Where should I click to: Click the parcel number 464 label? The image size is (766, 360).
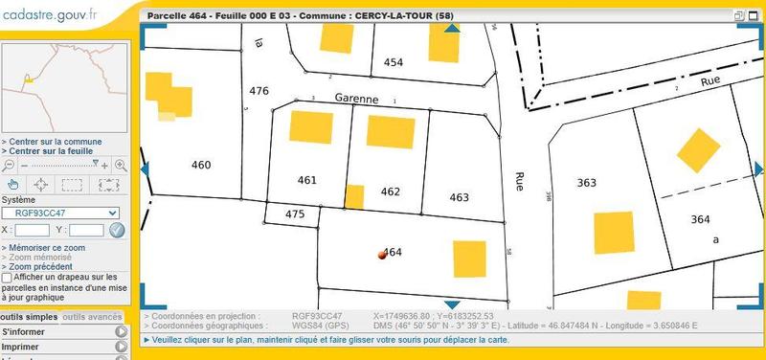click(x=393, y=253)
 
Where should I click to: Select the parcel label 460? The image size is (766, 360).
click(x=201, y=165)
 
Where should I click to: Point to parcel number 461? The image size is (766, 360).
click(x=307, y=180)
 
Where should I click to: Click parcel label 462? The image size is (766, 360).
click(x=390, y=191)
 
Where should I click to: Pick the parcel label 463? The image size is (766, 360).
click(x=460, y=197)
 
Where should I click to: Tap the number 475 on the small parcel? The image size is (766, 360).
click(x=295, y=214)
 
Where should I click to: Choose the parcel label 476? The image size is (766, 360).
click(x=259, y=91)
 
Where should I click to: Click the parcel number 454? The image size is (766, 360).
click(x=394, y=61)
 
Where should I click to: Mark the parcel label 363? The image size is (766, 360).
click(x=587, y=182)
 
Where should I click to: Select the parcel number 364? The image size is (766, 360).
click(x=700, y=219)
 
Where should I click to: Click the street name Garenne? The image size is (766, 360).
click(x=357, y=98)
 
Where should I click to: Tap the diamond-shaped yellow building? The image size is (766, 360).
click(x=698, y=149)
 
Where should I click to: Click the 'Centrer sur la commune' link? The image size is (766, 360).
click(x=54, y=142)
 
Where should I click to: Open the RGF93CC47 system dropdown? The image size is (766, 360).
click(x=59, y=213)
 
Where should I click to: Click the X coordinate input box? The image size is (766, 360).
click(x=33, y=230)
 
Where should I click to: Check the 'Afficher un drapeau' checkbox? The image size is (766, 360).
click(x=8, y=277)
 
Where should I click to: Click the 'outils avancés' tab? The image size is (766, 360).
click(x=93, y=317)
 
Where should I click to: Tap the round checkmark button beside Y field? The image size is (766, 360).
click(x=117, y=230)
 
